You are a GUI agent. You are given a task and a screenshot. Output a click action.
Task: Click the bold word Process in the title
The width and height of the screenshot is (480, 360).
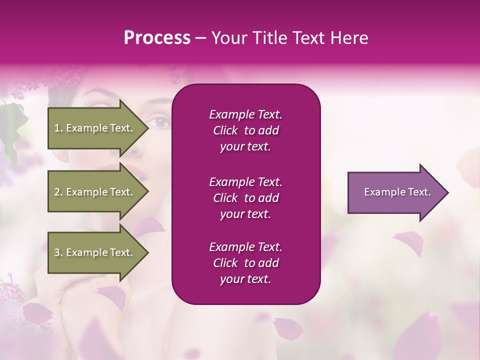(157, 38)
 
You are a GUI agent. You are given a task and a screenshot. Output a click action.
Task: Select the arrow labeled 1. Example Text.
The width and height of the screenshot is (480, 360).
(95, 128)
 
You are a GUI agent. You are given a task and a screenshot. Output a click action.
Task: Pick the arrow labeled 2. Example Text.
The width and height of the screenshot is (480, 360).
(95, 192)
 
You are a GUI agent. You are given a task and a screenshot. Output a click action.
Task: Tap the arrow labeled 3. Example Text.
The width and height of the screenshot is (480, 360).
(95, 252)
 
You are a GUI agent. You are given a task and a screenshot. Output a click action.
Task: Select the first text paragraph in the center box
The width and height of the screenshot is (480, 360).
(245, 130)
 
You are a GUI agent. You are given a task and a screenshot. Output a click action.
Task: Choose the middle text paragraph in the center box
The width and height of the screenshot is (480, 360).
(245, 198)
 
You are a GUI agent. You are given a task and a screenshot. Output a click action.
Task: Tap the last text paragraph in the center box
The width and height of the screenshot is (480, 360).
(245, 263)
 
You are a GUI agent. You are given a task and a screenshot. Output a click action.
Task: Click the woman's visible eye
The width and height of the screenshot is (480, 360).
(161, 120)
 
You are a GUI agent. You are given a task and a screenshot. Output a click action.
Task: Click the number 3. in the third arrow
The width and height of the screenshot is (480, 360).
(58, 252)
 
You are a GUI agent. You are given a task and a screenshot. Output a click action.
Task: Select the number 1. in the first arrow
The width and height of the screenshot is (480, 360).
(58, 128)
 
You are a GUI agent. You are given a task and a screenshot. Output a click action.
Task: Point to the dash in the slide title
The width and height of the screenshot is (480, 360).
(200, 38)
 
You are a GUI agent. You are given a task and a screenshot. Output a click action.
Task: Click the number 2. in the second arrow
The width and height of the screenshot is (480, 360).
(58, 192)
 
